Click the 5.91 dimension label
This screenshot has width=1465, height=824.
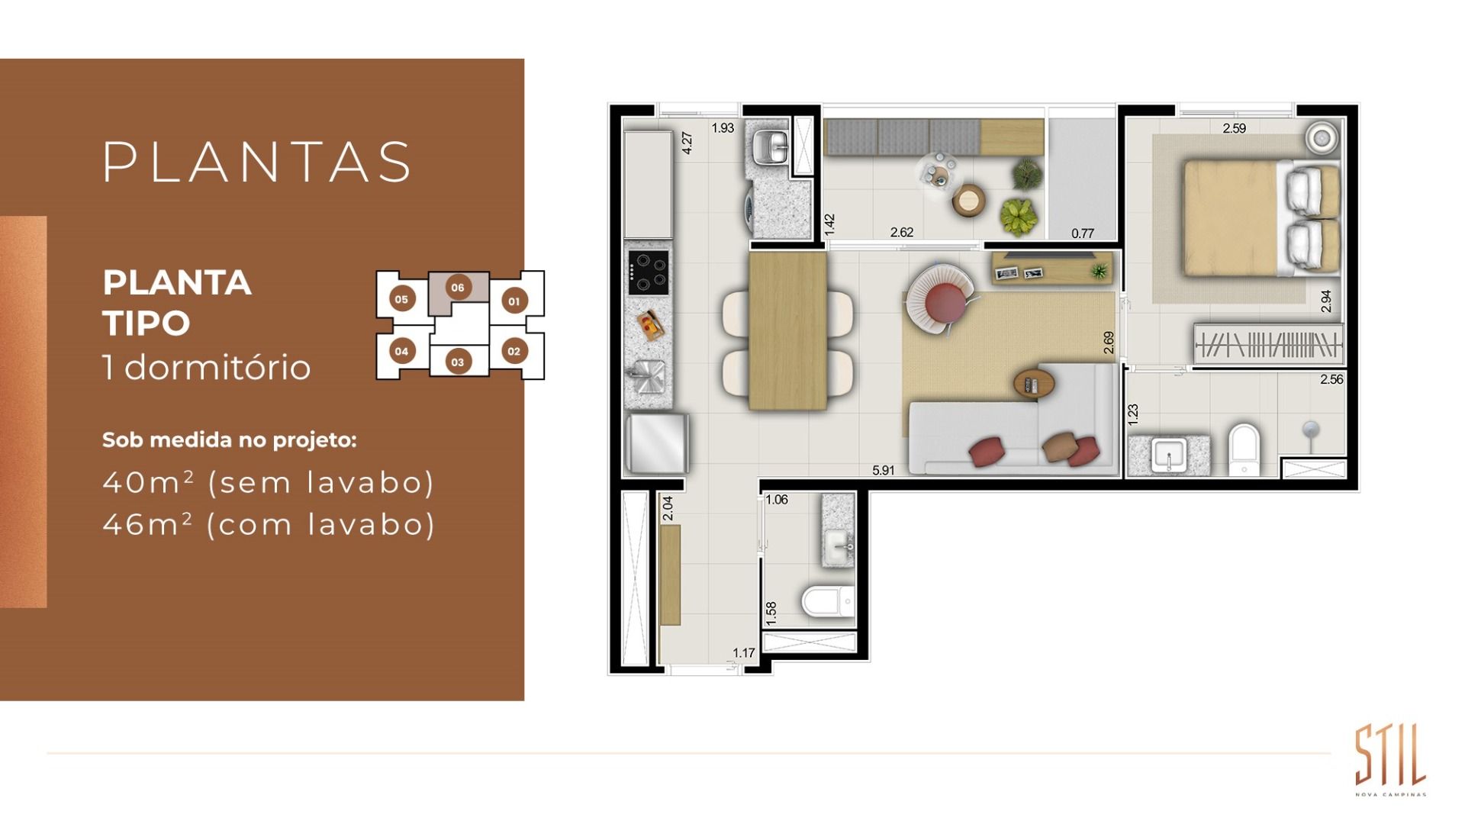[x=883, y=471]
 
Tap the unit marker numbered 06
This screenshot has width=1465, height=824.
[x=458, y=288]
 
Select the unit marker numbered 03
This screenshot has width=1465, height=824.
[x=457, y=362]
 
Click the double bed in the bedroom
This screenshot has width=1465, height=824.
[x=1261, y=217]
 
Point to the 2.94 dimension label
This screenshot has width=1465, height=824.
[x=1326, y=301]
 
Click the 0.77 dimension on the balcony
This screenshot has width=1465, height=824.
[x=1083, y=233]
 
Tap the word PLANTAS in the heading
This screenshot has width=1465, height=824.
[x=258, y=162]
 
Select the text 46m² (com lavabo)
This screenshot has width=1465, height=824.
[x=269, y=525]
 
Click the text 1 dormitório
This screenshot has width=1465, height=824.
[x=207, y=367]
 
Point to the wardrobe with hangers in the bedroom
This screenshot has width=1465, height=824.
[x=1268, y=344]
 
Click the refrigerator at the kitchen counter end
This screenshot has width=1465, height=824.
[x=657, y=443]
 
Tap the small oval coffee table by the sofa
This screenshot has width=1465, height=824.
[x=1035, y=384]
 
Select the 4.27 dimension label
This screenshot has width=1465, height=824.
[x=687, y=143]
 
